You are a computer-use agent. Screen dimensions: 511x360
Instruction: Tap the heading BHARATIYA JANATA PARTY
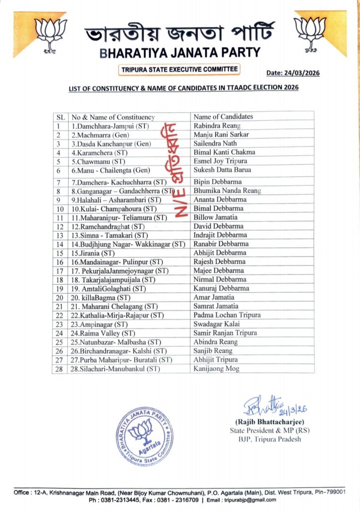click(180, 52)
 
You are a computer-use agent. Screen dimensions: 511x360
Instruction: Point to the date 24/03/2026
click(293, 73)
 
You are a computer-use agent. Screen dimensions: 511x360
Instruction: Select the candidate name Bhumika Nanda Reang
click(227, 190)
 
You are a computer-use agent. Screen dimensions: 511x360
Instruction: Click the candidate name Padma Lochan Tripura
click(227, 315)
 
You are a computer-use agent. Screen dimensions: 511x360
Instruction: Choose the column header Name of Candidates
click(223, 117)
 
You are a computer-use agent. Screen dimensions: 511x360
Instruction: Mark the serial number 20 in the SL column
click(59, 297)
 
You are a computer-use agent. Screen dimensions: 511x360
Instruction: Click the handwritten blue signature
click(274, 407)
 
